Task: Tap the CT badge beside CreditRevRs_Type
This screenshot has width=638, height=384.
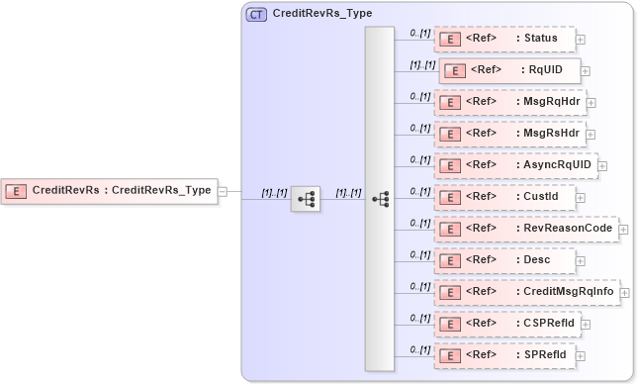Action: (x=256, y=15)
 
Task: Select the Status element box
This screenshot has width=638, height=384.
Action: (x=504, y=40)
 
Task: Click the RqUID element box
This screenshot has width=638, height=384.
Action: (x=509, y=70)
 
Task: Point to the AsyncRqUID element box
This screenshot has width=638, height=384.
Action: (x=515, y=165)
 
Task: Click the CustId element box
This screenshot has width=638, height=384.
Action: (x=504, y=197)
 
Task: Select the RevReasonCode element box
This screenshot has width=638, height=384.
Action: (x=526, y=229)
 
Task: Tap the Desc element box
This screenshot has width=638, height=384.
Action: (x=504, y=260)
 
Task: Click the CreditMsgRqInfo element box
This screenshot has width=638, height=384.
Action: (x=526, y=292)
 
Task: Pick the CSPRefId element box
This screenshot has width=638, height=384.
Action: (x=506, y=323)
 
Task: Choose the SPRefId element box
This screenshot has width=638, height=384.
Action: (x=504, y=354)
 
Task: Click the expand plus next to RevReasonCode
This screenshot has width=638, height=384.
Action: (x=623, y=230)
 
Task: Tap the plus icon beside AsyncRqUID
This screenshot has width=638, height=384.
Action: (x=602, y=166)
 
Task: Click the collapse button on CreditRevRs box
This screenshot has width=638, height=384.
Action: (x=223, y=191)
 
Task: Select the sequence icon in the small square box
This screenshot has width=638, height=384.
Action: (x=307, y=199)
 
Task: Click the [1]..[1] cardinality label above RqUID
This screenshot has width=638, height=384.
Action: (x=422, y=64)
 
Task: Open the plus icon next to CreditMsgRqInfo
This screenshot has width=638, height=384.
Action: (x=624, y=293)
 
